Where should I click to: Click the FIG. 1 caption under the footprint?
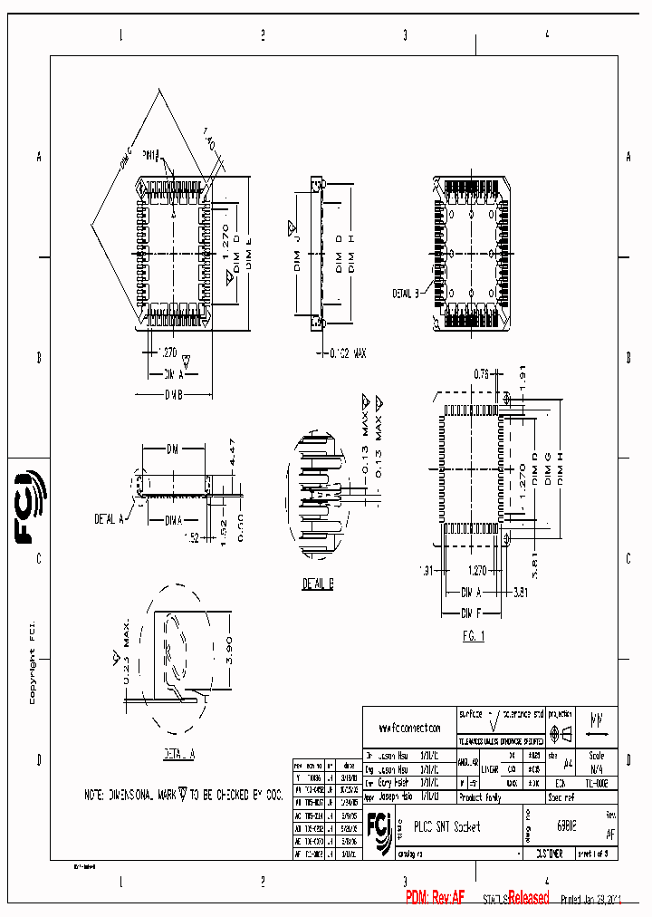click(x=474, y=636)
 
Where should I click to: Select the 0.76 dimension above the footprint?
click(x=482, y=373)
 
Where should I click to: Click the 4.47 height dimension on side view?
click(x=232, y=452)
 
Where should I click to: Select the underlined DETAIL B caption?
click(x=318, y=584)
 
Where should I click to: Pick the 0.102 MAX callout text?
click(x=347, y=352)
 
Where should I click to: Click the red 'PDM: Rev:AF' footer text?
click(x=436, y=897)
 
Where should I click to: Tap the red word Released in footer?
click(x=528, y=897)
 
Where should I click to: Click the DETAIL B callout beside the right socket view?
click(x=405, y=293)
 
